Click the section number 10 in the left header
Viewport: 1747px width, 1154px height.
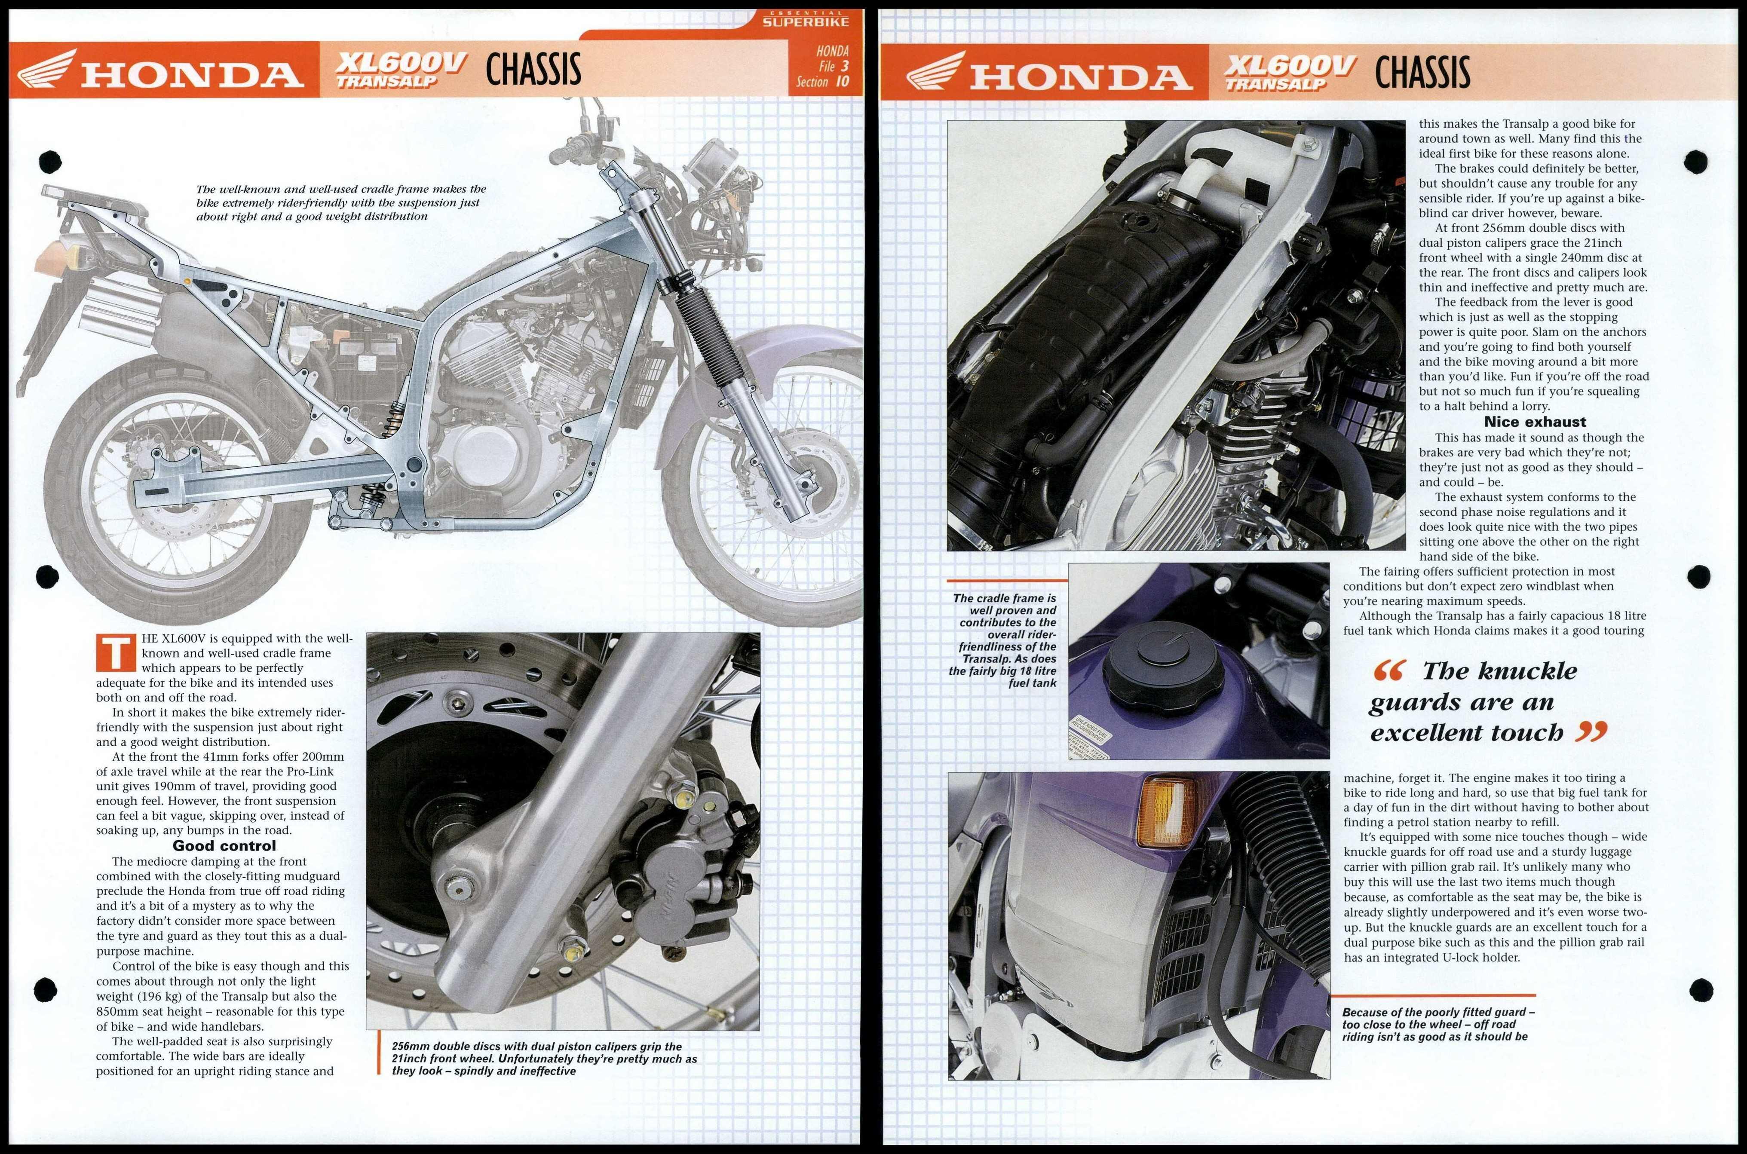click(841, 82)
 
